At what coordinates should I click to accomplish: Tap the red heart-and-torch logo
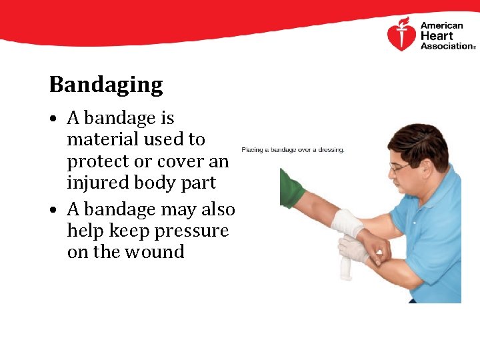[x=401, y=35]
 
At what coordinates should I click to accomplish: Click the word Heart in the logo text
[x=437, y=36]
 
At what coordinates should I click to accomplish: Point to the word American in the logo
[x=441, y=26]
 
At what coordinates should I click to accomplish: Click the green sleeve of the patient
[x=291, y=187]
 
